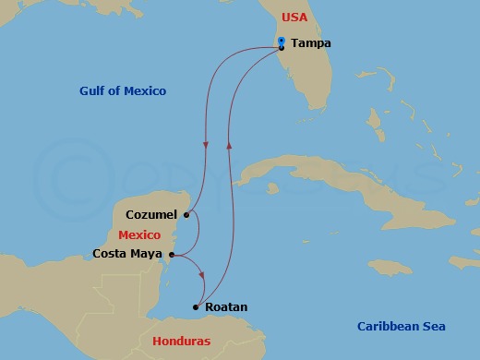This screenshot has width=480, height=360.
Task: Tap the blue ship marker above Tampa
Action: [x=281, y=40]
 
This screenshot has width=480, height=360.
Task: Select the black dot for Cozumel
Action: [x=186, y=215]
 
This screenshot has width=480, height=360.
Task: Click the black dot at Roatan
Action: [x=196, y=306]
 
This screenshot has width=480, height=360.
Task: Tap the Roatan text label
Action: [x=225, y=307]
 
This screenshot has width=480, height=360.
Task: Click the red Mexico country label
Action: [x=139, y=234]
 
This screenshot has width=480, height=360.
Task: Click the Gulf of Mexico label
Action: [x=122, y=90]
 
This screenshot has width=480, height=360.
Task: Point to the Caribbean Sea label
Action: [x=401, y=326]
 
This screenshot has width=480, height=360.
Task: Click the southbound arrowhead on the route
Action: [x=205, y=146]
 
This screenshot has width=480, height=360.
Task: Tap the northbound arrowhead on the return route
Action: [x=229, y=147]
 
